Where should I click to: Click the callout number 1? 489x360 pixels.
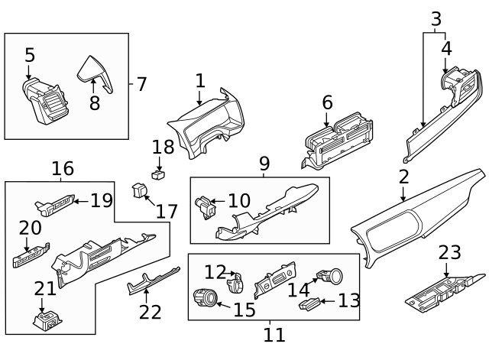pos(200,80)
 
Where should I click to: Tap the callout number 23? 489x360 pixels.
pos(451,253)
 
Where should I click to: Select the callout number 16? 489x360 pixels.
pos(63,168)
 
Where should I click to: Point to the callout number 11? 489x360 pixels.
pos(274,334)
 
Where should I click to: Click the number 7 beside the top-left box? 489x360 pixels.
pos(141,83)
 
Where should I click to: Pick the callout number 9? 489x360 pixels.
pos(264,163)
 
